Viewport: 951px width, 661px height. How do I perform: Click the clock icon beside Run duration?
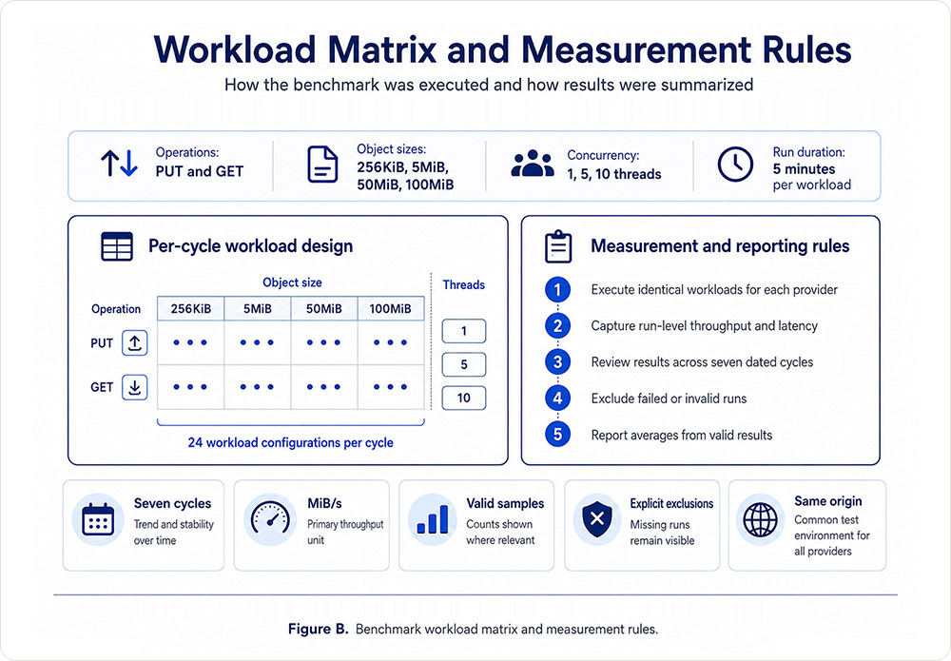click(735, 164)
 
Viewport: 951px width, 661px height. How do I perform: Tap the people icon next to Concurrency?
click(533, 164)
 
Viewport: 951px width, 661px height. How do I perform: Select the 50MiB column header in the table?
click(324, 309)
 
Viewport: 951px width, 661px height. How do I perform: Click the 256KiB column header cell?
click(190, 309)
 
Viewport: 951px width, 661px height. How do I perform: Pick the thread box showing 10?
click(463, 398)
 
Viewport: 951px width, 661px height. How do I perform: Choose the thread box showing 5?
click(463, 364)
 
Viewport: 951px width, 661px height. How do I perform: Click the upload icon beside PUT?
click(135, 342)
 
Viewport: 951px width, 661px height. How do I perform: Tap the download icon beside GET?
click(135, 387)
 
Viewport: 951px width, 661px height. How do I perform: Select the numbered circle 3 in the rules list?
click(557, 362)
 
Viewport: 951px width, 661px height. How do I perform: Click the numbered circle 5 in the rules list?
click(557, 435)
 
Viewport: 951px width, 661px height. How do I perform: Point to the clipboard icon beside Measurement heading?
click(558, 246)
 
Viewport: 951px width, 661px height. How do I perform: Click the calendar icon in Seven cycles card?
click(98, 519)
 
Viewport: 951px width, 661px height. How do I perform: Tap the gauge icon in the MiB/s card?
click(270, 519)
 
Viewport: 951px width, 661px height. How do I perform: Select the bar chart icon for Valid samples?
click(433, 519)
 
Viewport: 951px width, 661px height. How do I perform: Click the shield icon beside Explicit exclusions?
click(597, 519)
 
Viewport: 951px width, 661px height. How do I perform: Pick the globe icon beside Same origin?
click(760, 519)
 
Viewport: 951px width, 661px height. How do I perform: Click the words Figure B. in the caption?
click(318, 629)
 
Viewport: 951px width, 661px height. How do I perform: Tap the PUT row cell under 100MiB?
click(391, 342)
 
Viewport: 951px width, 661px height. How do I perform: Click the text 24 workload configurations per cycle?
click(290, 442)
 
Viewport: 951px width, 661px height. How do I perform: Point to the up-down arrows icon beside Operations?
click(119, 164)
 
